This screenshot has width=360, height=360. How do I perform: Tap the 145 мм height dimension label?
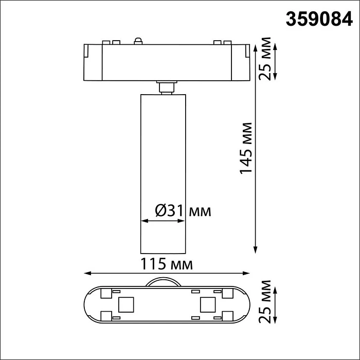click(247, 148)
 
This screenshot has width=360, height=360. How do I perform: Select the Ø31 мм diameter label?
click(183, 211)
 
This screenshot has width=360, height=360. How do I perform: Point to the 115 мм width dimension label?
click(167, 265)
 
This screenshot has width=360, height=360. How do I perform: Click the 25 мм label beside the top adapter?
click(265, 60)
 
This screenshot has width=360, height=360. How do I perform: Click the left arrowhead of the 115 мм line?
click(87, 274)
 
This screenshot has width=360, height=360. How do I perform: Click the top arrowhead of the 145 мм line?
click(256, 47)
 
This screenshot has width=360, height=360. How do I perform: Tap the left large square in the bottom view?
click(125, 304)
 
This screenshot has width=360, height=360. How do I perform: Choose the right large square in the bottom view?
click(208, 304)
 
